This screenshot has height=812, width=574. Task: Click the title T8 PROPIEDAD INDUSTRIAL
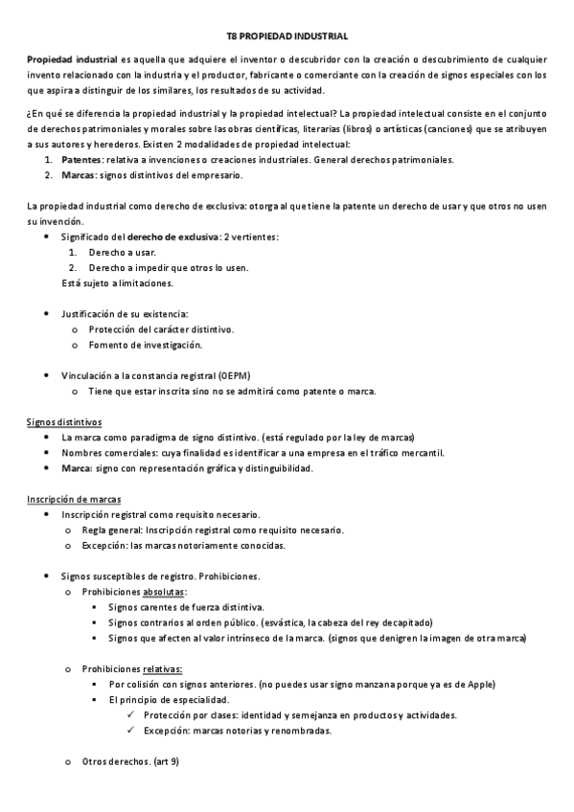287,34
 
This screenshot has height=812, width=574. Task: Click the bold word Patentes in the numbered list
82,159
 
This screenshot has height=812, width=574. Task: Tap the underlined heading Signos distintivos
64,421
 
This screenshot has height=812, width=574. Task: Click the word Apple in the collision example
479,684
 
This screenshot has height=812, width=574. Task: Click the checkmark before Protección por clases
130,715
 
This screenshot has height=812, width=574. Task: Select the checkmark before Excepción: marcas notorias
130,731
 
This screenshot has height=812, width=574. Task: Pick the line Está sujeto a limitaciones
118,282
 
